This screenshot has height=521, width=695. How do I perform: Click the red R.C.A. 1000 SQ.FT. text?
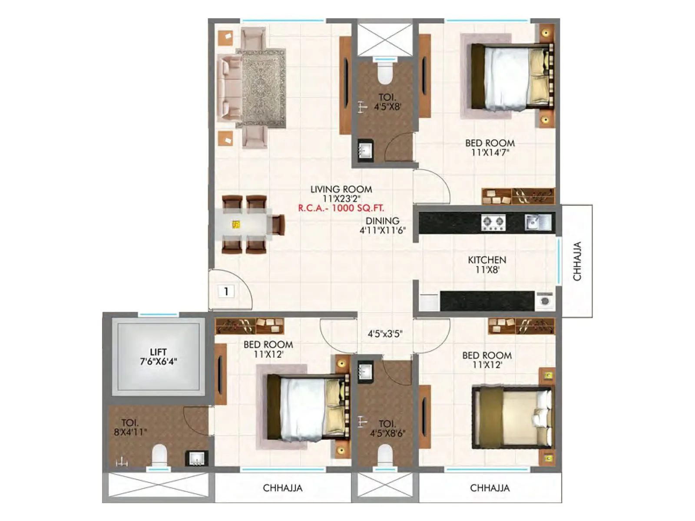341,208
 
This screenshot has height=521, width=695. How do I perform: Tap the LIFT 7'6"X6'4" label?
158,356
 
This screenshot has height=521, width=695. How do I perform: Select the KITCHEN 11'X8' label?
487,264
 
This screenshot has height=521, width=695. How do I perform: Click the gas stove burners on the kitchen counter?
493,223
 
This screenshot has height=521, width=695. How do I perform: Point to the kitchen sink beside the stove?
537,222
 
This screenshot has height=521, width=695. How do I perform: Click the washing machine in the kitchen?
545,300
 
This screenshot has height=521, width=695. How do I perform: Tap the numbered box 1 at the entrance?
226,291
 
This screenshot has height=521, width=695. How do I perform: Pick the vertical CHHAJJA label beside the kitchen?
577,261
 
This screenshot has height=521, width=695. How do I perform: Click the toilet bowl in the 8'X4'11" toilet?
159,455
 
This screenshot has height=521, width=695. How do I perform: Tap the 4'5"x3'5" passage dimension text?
385,334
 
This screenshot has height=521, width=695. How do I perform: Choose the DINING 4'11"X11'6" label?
382,225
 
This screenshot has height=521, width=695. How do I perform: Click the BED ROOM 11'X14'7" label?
490,148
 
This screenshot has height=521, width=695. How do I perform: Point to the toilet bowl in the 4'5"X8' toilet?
385,72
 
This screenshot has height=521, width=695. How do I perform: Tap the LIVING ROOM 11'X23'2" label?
341,194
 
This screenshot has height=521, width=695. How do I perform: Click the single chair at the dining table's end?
277,224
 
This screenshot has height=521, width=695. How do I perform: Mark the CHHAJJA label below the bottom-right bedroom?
490,488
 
